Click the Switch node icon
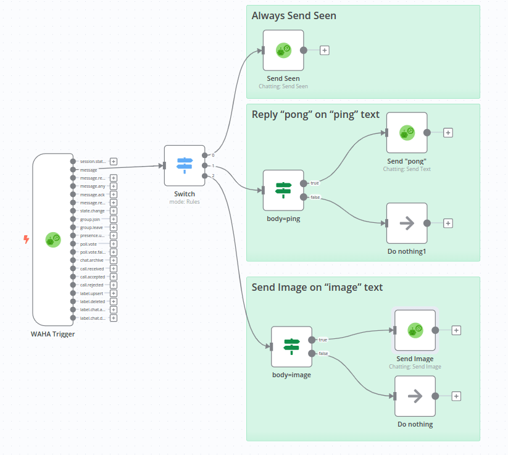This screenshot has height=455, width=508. pyautogui.click(x=185, y=165)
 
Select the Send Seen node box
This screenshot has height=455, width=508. pyautogui.click(x=283, y=51)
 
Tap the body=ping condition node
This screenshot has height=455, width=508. pyautogui.click(x=283, y=190)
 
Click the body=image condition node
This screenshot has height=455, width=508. pyautogui.click(x=291, y=346)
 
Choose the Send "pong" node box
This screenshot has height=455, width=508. pyautogui.click(x=407, y=132)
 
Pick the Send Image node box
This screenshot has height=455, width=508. pyautogui.click(x=415, y=330)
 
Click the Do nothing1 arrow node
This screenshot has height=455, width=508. pyautogui.click(x=407, y=223)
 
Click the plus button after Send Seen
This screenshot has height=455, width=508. pyautogui.click(x=325, y=51)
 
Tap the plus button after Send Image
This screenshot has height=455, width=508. pyautogui.click(x=456, y=330)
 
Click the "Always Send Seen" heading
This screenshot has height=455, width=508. pyautogui.click(x=294, y=15)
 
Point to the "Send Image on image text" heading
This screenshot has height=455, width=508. pyautogui.click(x=317, y=287)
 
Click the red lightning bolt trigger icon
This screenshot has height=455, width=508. pyautogui.click(x=26, y=239)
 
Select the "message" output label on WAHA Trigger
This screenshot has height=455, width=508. pyautogui.click(x=88, y=169)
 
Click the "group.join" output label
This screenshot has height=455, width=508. pyautogui.click(x=90, y=219)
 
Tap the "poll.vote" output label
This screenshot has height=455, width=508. pyautogui.click(x=89, y=244)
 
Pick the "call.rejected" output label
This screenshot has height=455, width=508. pyautogui.click(x=92, y=285)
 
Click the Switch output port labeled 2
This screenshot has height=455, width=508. pyautogui.click(x=205, y=176)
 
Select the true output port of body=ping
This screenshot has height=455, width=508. pyautogui.click(x=303, y=183)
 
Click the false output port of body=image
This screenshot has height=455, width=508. pyautogui.click(x=311, y=354)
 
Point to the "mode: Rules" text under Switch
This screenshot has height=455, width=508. pyautogui.click(x=185, y=202)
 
